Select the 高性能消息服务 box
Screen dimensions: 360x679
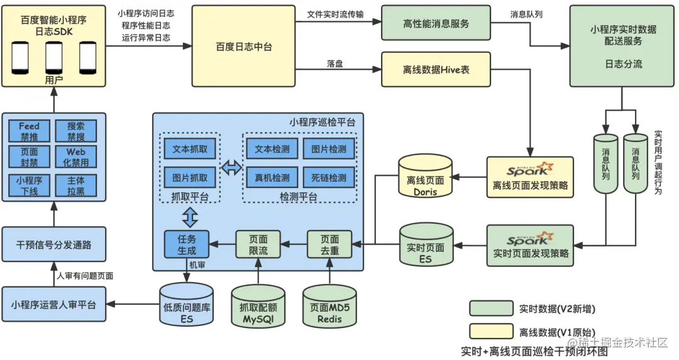point(436,23)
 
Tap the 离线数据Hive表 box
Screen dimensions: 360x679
point(436,69)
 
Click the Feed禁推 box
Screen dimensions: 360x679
point(29,131)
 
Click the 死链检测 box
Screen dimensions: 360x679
point(328,177)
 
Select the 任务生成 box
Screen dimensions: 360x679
point(187,244)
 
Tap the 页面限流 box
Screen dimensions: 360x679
point(257,244)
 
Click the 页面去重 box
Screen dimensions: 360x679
point(329,244)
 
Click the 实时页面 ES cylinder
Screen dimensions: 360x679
point(425,248)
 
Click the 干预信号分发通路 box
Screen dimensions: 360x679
point(53,245)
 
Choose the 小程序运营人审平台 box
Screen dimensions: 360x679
point(53,305)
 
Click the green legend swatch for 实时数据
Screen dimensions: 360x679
point(490,308)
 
